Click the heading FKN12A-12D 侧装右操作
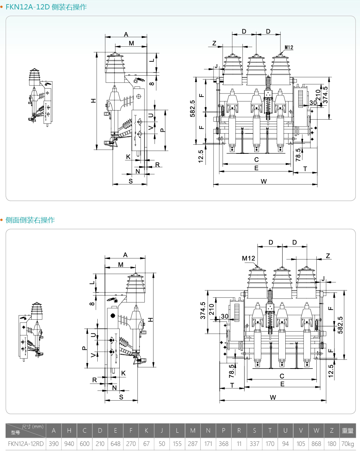tap(46, 7)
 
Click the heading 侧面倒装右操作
tap(30, 220)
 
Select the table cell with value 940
tap(69, 444)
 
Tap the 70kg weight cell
tap(347, 444)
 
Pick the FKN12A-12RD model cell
tap(26, 444)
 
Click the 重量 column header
tap(347, 431)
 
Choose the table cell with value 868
tap(316, 444)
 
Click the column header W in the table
tap(316, 431)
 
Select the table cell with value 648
tap(115, 444)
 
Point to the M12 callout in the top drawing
tap(289, 47)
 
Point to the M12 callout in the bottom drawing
tap(248, 258)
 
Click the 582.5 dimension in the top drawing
tap(193, 108)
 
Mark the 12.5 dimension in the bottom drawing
tap(331, 371)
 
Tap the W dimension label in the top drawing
tap(264, 181)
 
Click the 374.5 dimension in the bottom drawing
tap(203, 310)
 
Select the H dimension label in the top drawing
tap(93, 101)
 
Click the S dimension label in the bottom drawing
tap(121, 397)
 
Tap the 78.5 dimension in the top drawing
tap(298, 154)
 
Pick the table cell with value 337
tap(254, 444)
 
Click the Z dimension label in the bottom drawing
tap(328, 256)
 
